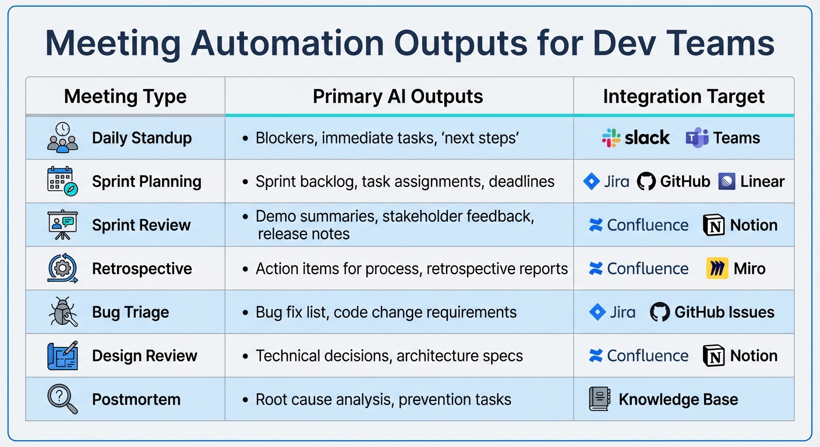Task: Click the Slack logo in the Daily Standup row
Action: [x=612, y=138]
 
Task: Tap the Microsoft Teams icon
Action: [x=697, y=138]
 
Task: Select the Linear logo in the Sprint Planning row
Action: [x=727, y=182]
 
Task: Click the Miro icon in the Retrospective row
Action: [x=717, y=269]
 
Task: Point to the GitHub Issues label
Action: [x=724, y=313]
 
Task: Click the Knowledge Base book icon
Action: [x=599, y=399]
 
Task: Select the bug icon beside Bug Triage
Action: [x=62, y=312]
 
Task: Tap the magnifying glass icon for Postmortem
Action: [x=62, y=399]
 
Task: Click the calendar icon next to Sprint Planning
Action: [x=62, y=181]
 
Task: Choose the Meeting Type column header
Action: [x=125, y=97]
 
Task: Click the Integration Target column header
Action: [x=683, y=97]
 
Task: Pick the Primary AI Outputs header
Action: [x=398, y=97]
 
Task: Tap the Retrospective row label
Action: [x=142, y=269]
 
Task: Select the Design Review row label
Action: [x=144, y=356]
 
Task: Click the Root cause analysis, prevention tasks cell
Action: [x=383, y=400]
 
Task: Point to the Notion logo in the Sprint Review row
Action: [x=714, y=225]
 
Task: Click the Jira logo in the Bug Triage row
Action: [x=598, y=313]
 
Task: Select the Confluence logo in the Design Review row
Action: [x=596, y=356]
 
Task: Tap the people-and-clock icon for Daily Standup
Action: [x=62, y=137]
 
